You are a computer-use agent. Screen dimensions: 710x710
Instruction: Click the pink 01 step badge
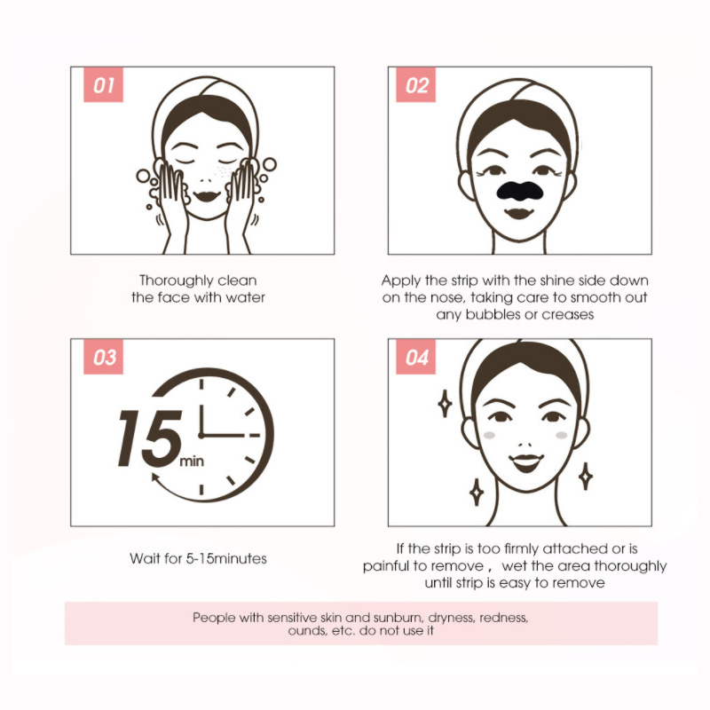click(103, 85)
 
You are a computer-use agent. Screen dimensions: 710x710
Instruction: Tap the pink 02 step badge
click(415, 85)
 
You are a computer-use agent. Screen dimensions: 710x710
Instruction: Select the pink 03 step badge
click(103, 358)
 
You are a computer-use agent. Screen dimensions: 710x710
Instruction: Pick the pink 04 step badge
click(415, 358)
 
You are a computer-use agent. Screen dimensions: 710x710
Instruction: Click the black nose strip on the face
click(519, 191)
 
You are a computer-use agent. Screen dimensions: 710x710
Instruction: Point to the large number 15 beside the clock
click(150, 438)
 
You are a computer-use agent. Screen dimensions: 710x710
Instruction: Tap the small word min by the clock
click(192, 461)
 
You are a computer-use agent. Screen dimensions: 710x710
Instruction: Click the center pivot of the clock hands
click(201, 435)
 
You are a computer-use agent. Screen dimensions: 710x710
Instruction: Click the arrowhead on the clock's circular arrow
click(155, 478)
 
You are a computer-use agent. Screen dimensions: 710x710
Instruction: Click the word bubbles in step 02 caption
click(493, 314)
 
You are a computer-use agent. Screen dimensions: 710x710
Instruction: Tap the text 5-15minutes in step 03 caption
click(226, 558)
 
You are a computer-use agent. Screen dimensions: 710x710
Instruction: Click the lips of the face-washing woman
click(207, 196)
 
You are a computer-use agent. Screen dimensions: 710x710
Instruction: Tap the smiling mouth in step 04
click(525, 462)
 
